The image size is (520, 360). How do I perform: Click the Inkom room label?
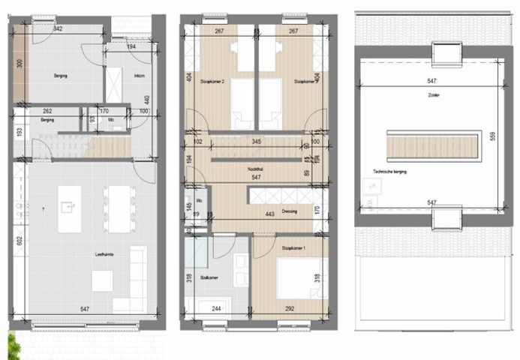pyautogui.click(x=139, y=76)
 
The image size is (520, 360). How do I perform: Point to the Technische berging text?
pyautogui.click(x=389, y=172)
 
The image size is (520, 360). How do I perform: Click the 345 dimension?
pyautogui.click(x=256, y=141)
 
